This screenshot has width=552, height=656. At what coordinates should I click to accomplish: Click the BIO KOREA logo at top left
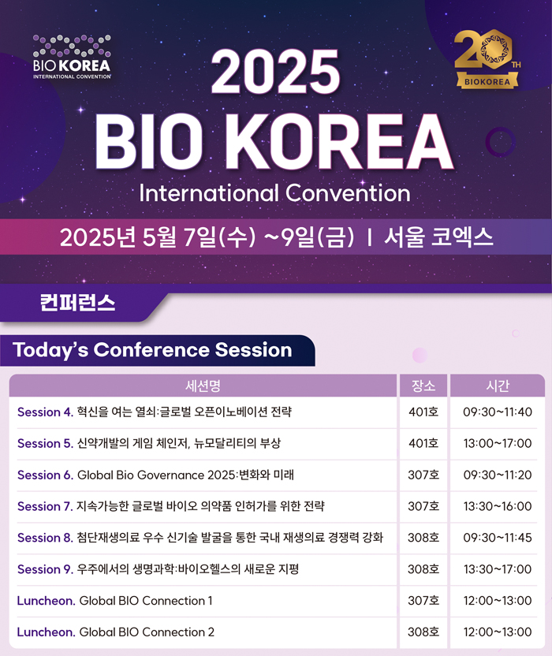point(72,57)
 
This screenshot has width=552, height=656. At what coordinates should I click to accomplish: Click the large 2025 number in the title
point(275,72)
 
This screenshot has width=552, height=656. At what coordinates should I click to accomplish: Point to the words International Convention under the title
point(274,193)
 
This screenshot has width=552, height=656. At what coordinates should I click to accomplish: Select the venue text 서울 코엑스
point(438,237)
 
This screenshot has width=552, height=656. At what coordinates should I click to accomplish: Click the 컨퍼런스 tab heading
point(77,303)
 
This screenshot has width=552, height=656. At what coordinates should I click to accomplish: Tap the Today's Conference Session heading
point(152,350)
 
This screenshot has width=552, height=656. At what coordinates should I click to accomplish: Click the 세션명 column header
point(203,386)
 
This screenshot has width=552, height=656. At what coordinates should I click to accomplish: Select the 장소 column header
point(423,386)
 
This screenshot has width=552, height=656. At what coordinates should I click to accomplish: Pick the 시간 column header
point(498,386)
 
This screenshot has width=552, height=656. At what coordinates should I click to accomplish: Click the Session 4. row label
point(45,412)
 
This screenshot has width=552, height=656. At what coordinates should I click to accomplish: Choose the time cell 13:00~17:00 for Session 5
point(498,443)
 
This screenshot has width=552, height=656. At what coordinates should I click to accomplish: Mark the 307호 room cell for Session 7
point(423,506)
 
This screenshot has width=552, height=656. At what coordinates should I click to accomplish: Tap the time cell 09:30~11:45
point(498,538)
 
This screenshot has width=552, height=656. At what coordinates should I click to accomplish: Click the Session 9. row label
point(45,569)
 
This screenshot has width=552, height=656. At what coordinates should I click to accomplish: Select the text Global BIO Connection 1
point(146,601)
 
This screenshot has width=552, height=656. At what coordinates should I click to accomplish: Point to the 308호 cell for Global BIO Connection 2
point(423,632)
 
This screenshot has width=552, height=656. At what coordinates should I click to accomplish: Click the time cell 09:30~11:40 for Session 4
point(498,412)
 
